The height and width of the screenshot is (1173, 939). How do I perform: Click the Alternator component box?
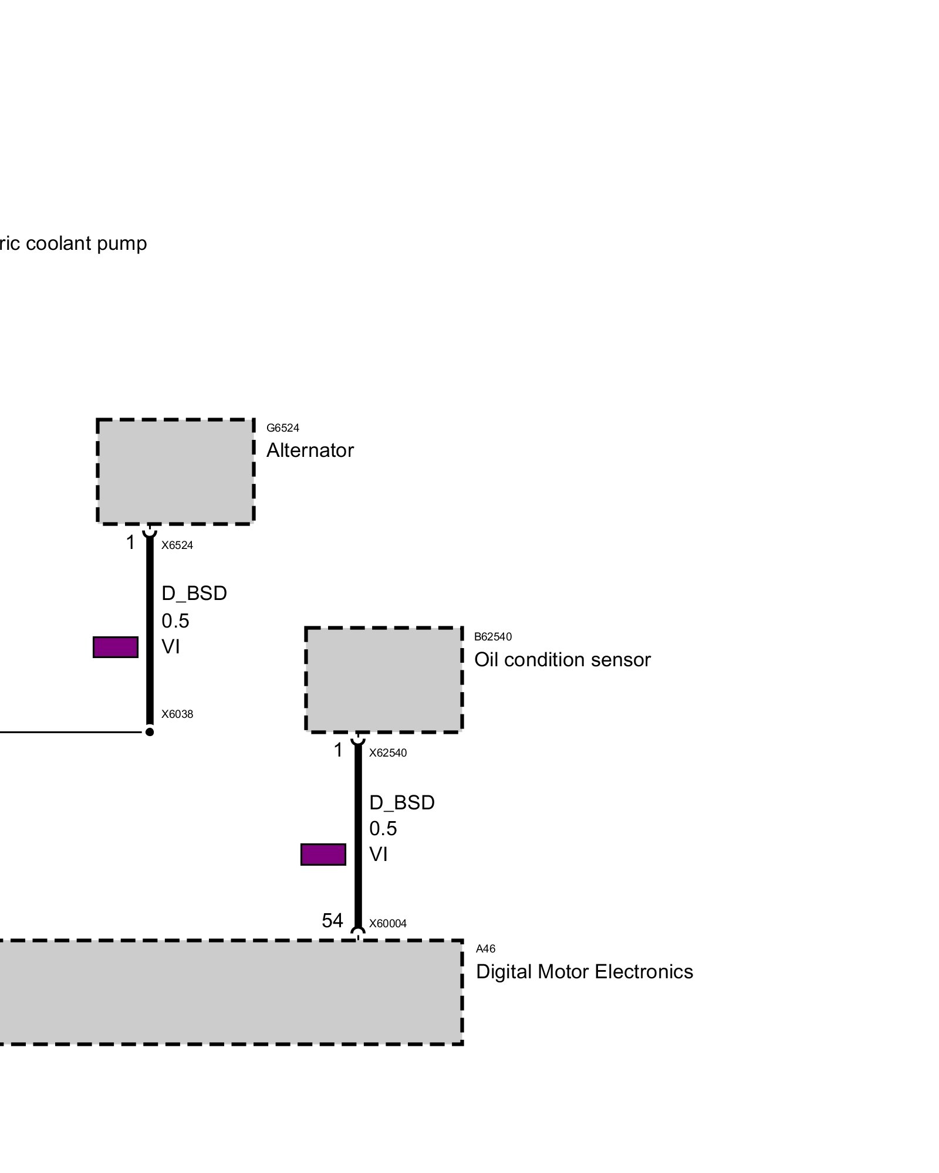coord(175,471)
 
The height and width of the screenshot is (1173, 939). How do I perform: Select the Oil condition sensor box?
coord(384,680)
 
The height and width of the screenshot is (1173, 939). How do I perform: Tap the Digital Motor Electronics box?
coord(229,992)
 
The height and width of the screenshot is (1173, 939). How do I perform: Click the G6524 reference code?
coord(282,428)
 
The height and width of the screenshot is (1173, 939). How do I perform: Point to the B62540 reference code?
coord(492,636)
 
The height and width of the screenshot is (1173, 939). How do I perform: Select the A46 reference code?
coord(485,949)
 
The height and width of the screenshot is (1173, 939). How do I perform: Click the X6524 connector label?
coord(177,545)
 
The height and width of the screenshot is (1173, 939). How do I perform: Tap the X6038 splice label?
coord(177,714)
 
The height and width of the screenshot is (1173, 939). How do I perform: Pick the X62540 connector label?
coord(387,753)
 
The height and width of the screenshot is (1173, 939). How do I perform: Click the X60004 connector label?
coord(387,924)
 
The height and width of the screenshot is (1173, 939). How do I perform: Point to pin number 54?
coord(332,921)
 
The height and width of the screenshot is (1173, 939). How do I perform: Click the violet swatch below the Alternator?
coord(116,647)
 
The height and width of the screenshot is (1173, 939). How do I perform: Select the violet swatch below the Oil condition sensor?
coord(323,855)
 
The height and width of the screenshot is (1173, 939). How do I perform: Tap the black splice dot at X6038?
coord(150,732)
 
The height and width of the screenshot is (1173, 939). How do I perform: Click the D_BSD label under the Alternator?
coord(194,594)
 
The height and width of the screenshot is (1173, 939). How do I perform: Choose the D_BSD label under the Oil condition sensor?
coord(402,802)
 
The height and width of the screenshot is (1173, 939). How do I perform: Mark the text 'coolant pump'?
coord(86,243)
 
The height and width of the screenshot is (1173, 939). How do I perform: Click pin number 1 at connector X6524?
coord(131,543)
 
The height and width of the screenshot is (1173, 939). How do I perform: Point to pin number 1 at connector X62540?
coord(338,750)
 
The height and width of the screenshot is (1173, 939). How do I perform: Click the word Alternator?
coord(310,450)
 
